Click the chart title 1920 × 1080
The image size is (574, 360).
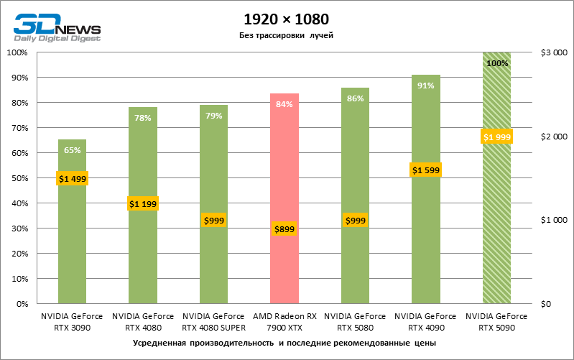[287, 19]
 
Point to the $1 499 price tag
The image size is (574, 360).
[72, 179]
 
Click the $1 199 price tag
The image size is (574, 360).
[143, 204]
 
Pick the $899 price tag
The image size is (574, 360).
[284, 229]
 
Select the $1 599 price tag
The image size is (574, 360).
[425, 170]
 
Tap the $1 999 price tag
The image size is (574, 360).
[496, 137]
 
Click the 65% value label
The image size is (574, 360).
[72, 150]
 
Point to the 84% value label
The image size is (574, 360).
[284, 105]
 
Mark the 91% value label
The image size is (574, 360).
[425, 86]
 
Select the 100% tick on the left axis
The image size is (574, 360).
[16, 52]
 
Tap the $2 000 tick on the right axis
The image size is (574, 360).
[554, 137]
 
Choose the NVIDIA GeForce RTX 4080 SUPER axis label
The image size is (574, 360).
[213, 321]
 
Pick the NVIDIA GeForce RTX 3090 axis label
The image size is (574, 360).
[72, 321]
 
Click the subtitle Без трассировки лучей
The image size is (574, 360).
[287, 35]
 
